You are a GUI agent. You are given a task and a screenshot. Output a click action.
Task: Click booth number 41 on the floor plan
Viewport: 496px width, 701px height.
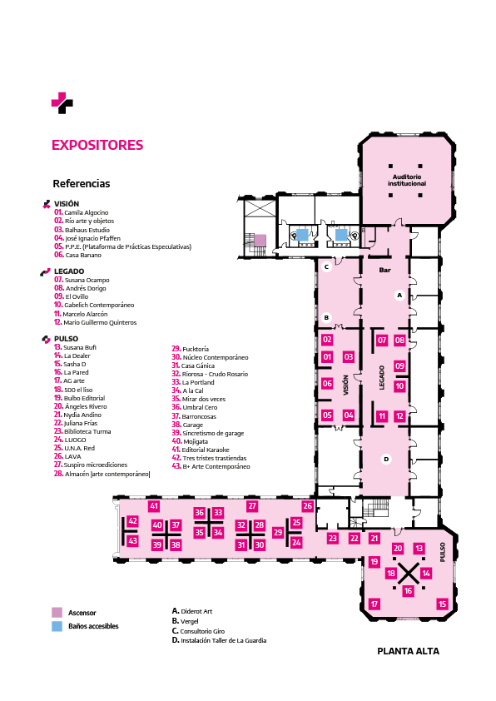(x=154, y=506)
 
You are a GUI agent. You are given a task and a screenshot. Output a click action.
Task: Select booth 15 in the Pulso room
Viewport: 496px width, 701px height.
(x=442, y=604)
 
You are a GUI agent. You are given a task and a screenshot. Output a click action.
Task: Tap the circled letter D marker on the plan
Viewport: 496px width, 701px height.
(x=386, y=459)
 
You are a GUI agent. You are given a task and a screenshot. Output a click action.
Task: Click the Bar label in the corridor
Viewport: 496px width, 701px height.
(x=384, y=270)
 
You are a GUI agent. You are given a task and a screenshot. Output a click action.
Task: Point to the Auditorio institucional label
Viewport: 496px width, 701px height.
(x=407, y=180)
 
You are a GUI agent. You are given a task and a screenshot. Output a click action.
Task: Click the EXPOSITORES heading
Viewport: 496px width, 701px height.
(x=97, y=145)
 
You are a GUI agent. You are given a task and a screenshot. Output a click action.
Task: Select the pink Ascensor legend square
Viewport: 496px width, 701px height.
(x=57, y=612)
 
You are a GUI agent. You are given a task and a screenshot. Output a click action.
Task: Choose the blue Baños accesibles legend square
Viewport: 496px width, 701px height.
(x=57, y=626)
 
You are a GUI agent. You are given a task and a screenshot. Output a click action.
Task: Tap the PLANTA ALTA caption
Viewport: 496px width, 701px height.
(x=408, y=651)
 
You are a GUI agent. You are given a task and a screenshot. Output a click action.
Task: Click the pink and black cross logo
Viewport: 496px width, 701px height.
(x=62, y=103)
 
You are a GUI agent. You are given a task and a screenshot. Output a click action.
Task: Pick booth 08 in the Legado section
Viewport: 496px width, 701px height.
(x=399, y=341)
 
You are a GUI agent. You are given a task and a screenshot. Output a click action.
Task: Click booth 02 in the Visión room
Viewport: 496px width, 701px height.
(x=327, y=340)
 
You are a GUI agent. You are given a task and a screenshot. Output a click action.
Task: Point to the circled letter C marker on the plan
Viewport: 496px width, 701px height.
(x=326, y=267)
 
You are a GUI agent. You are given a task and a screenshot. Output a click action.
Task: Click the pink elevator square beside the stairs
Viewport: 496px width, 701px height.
(x=260, y=240)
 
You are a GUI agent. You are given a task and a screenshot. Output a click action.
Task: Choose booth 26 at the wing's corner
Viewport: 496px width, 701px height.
(x=307, y=506)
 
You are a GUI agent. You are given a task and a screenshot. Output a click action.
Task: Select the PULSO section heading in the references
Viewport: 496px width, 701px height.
(x=66, y=339)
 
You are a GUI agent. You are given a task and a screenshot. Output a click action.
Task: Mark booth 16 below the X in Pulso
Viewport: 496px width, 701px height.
(x=408, y=590)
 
